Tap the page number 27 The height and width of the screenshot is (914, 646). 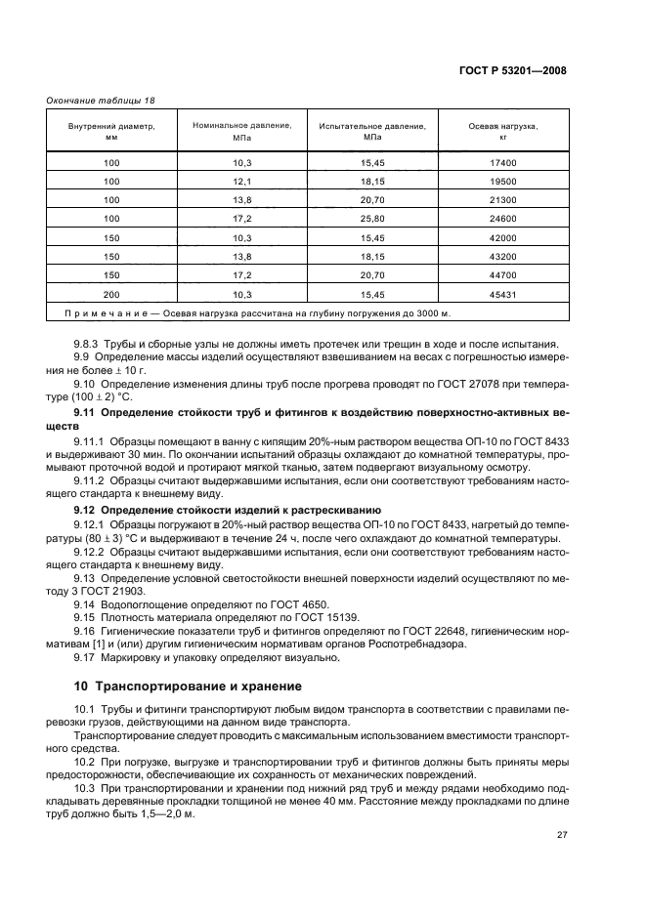562,836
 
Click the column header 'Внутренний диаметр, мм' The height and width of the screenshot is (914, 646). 110,132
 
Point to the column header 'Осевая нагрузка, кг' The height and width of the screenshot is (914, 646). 503,132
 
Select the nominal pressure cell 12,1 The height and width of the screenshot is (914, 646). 241,181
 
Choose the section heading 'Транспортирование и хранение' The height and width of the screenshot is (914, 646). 199,686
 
